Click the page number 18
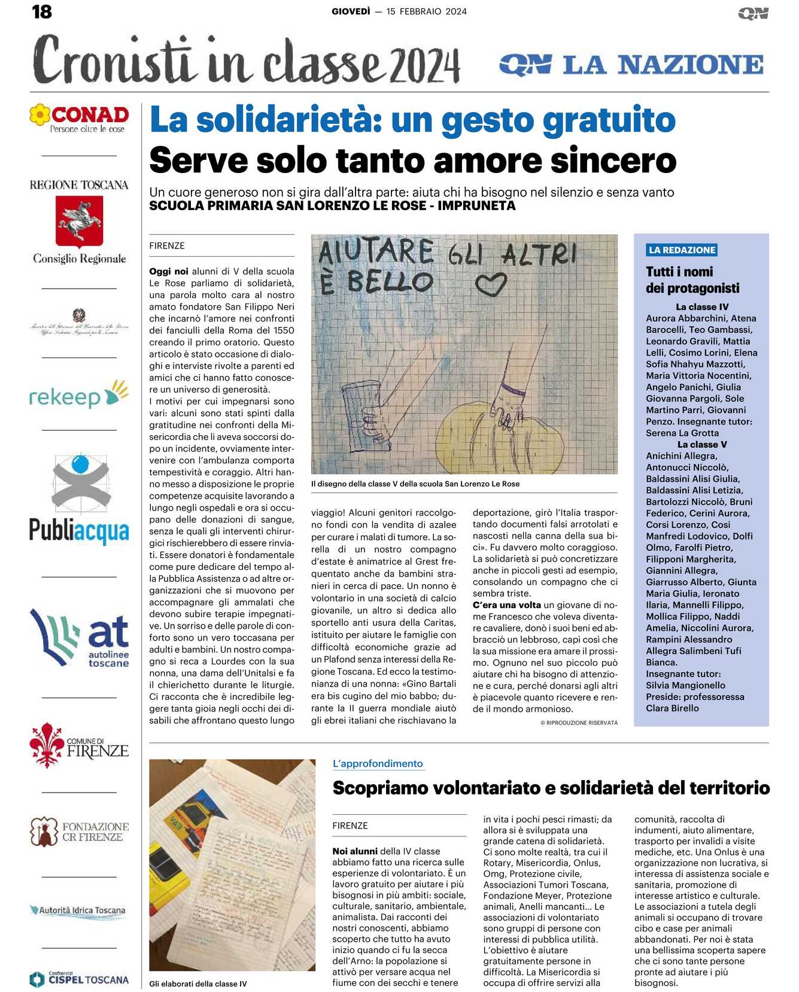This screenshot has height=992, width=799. click(42, 11)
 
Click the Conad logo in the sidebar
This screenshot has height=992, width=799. click(80, 118)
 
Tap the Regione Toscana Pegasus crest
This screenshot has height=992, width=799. click(79, 222)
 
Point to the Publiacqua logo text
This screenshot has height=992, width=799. click(79, 531)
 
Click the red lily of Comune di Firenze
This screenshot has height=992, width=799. click(47, 744)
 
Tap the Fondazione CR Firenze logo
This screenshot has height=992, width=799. click(80, 832)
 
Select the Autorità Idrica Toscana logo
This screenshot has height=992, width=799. click(78, 911)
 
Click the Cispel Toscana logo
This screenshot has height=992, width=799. click(80, 979)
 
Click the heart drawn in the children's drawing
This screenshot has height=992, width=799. click(491, 284)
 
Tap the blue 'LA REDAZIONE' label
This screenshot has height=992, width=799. click(682, 250)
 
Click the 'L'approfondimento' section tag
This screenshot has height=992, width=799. click(378, 764)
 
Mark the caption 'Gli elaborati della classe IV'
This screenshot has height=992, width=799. click(198, 984)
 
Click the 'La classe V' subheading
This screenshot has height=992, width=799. click(702, 445)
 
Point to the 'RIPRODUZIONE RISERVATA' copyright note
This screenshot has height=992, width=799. click(579, 723)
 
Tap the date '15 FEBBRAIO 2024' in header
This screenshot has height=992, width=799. click(426, 11)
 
